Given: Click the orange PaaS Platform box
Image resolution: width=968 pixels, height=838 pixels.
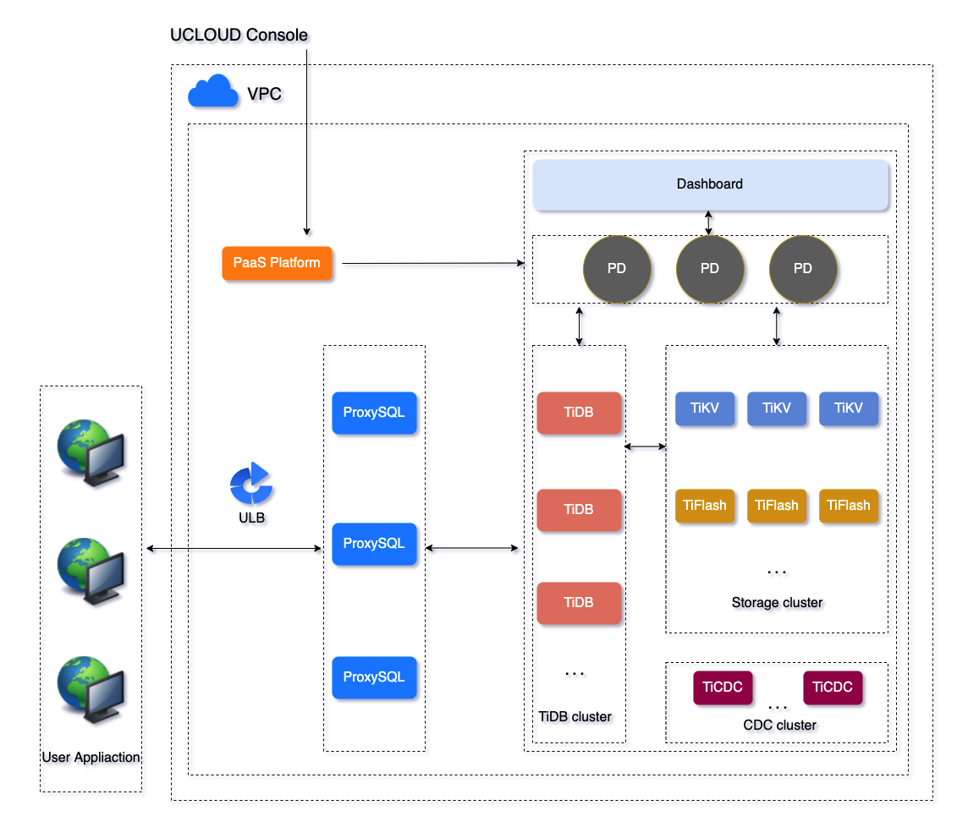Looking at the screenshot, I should [x=277, y=263].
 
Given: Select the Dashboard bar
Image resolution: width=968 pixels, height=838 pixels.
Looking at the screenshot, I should [x=710, y=183].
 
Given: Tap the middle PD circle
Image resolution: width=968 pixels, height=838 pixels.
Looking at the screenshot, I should [x=710, y=269].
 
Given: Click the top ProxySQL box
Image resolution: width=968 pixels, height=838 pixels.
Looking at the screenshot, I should [x=374, y=413].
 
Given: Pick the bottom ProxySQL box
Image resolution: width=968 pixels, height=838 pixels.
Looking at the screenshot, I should [x=374, y=677].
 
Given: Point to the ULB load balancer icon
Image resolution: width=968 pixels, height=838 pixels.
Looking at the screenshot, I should [x=251, y=485].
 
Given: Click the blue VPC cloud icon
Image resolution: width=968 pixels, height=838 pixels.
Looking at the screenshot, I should [x=212, y=91].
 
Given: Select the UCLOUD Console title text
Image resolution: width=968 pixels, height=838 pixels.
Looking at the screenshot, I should [x=239, y=35].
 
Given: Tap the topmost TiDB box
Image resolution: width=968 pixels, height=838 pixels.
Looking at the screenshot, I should [x=579, y=413].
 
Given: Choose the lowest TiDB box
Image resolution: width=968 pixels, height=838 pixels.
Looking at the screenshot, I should [x=579, y=603].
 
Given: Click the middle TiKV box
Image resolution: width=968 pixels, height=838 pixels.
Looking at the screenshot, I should [x=777, y=408].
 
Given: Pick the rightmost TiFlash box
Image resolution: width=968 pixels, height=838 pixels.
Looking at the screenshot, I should [x=849, y=506].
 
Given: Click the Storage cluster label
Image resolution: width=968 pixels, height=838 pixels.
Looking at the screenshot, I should [x=777, y=603].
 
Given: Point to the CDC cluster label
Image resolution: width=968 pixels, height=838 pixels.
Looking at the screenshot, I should [x=779, y=725].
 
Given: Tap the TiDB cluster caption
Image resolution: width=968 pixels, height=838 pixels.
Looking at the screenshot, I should [x=575, y=716].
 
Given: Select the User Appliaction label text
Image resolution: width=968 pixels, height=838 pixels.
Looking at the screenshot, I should [x=91, y=757].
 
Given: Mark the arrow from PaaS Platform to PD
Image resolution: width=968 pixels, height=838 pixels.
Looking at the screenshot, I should [x=432, y=264].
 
